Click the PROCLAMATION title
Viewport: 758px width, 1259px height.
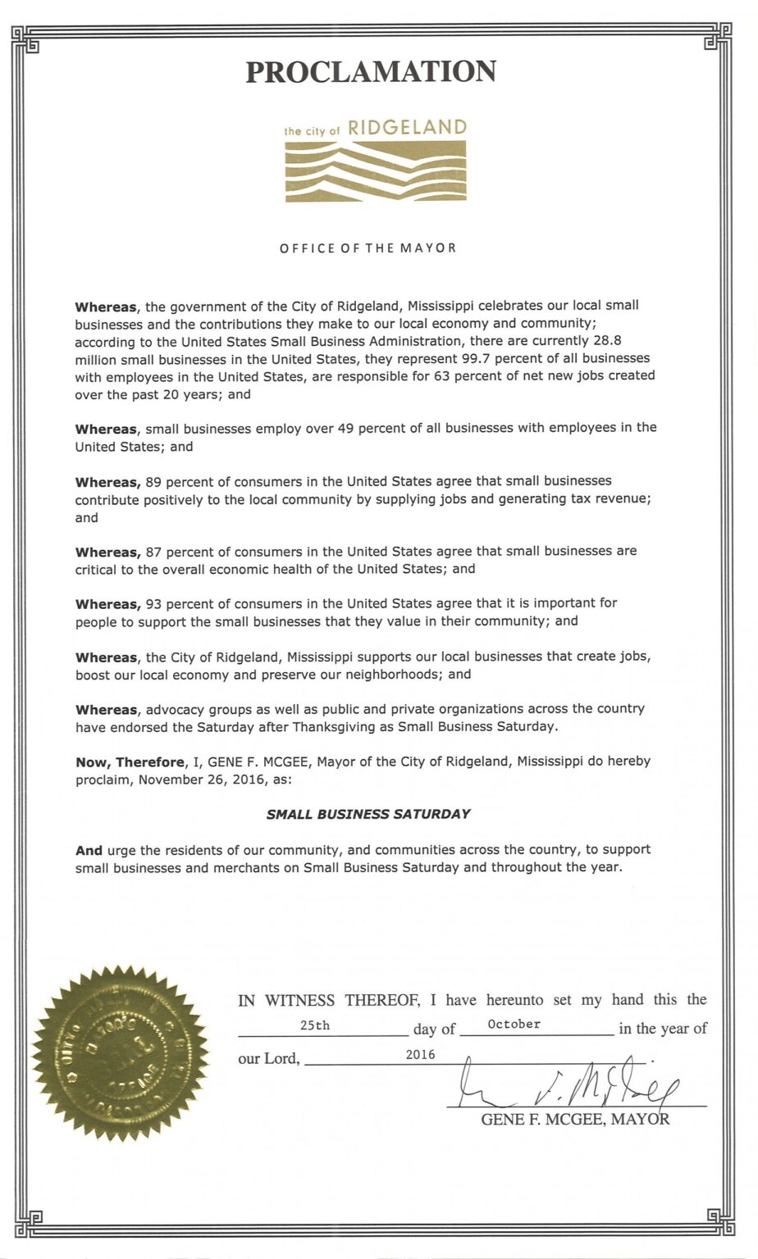371,72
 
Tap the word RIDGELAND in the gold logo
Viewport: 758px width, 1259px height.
407,128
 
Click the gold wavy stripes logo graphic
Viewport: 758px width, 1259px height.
376,170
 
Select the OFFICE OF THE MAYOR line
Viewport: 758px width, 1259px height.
368,248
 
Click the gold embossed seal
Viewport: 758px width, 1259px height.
120,1052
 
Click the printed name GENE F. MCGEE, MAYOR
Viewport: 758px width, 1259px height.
574,1120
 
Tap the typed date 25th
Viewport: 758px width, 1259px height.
315,1025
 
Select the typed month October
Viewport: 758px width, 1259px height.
514,1024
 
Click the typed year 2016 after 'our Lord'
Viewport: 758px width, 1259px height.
420,1055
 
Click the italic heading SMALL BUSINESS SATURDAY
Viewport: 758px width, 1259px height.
368,814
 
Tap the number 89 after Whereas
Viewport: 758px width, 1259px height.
153,481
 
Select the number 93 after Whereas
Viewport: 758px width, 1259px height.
153,603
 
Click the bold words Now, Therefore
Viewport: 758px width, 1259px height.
130,761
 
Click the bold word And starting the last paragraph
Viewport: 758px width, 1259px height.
89,850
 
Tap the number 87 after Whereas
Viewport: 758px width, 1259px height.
153,552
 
